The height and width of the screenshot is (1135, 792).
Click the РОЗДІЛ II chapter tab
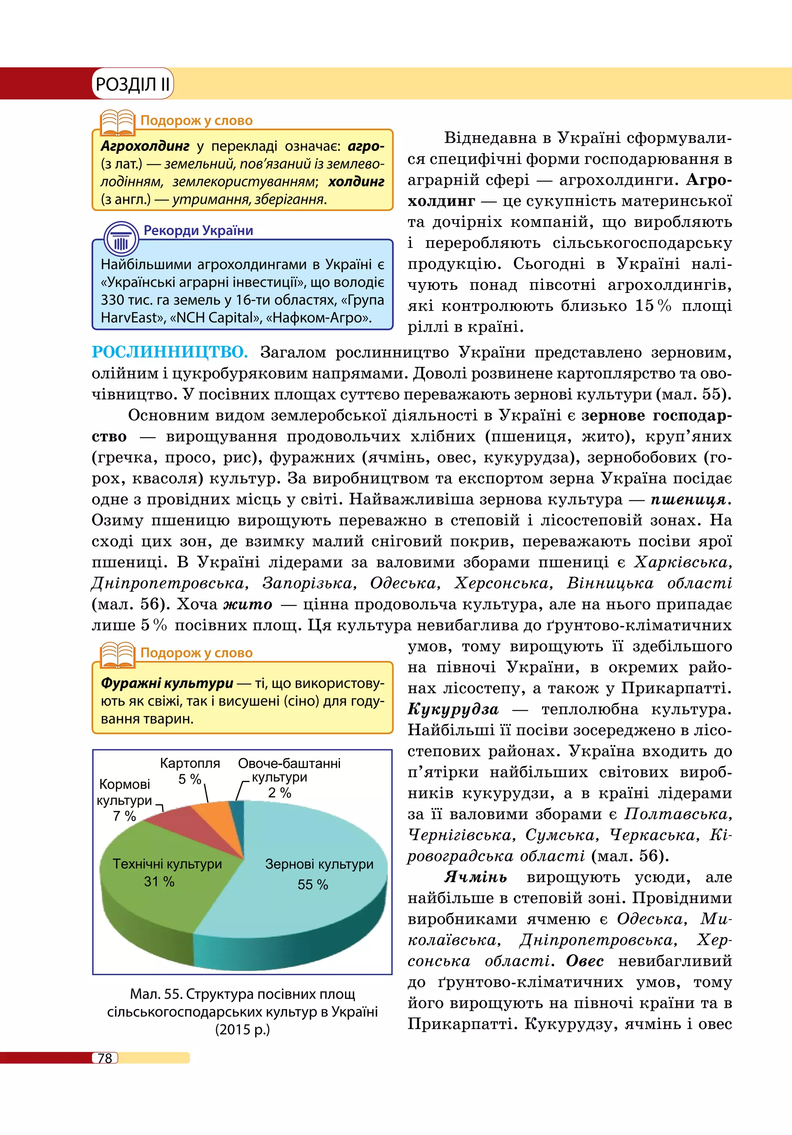pos(133,84)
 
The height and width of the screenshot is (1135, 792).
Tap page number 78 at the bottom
pos(105,1058)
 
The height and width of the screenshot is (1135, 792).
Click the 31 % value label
pos(159,881)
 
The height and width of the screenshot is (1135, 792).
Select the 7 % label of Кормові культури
pos(124,816)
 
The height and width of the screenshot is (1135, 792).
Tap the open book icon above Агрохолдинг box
pos(117,123)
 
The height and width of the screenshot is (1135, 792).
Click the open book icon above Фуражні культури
pos(117,655)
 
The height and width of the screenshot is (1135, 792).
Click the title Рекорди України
pos(198,230)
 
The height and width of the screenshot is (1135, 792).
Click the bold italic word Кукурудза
pos(453,710)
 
